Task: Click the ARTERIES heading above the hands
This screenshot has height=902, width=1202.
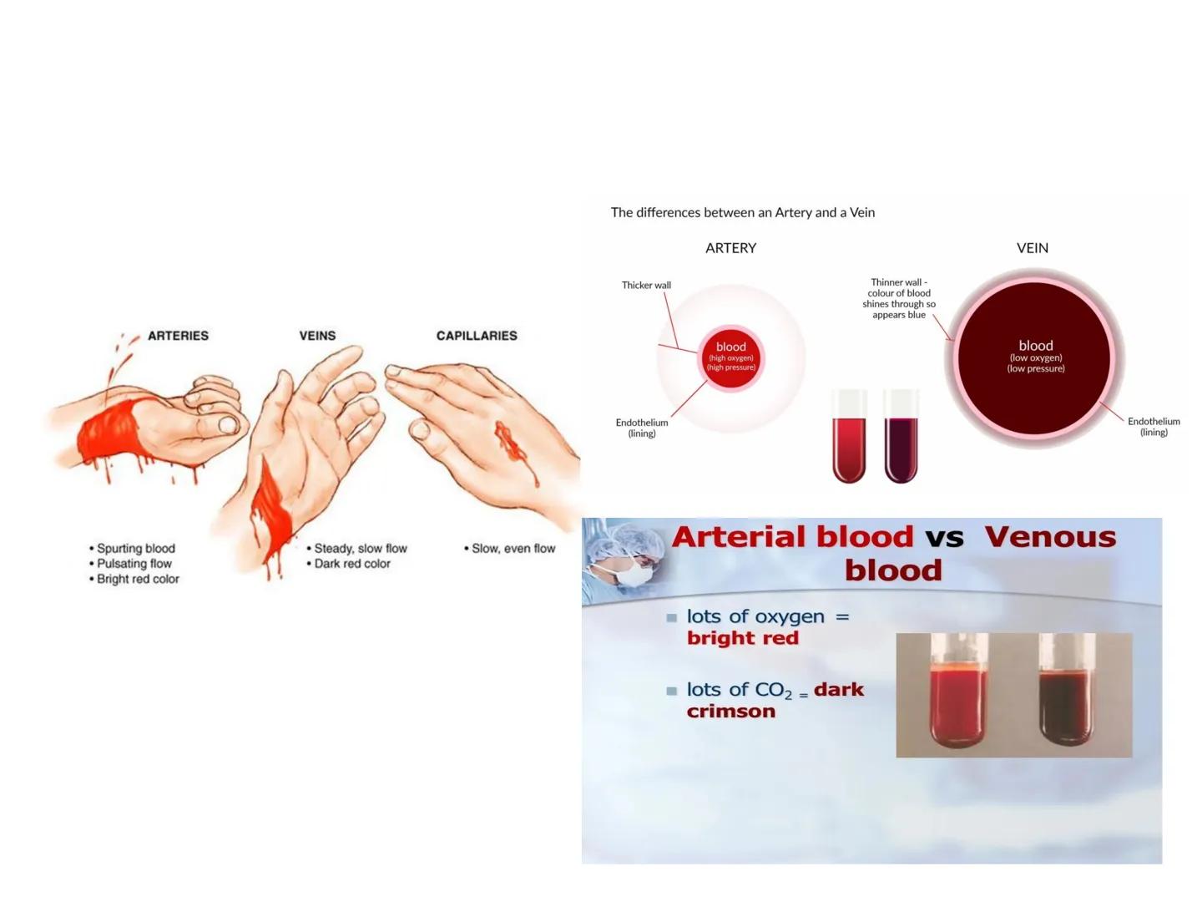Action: [178, 336]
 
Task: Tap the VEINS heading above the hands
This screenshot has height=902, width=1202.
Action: [317, 336]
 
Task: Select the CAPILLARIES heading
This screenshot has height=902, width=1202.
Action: [477, 336]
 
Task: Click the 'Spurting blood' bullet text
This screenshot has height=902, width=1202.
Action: [136, 549]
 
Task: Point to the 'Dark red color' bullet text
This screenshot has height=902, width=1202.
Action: [352, 564]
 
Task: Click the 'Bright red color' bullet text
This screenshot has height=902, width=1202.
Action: [138, 579]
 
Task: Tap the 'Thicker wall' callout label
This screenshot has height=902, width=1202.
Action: [646, 286]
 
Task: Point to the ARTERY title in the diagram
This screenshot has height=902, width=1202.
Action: [730, 248]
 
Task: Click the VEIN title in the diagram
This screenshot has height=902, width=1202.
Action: [1033, 248]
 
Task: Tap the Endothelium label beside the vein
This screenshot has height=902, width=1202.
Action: [1154, 427]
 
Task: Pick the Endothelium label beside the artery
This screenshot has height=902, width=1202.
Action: [642, 428]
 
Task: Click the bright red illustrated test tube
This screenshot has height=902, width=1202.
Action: [849, 443]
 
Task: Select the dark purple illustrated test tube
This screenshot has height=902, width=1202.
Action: [901, 443]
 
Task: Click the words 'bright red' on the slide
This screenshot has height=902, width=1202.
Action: [743, 638]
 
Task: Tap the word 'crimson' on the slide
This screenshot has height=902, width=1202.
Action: [731, 712]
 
